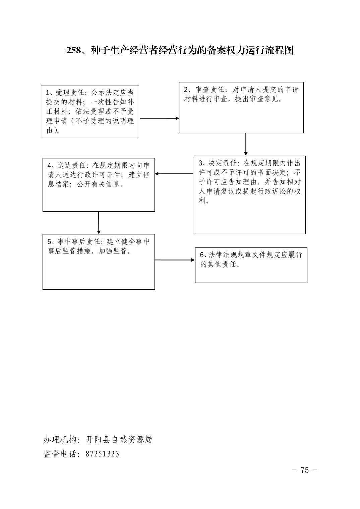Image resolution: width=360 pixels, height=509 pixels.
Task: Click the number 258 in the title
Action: [73, 50]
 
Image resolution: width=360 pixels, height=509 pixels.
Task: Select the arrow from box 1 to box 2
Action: [159, 118]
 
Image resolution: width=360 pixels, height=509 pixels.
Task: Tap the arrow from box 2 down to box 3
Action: [246, 144]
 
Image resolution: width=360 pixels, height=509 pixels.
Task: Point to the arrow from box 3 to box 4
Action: [174, 174]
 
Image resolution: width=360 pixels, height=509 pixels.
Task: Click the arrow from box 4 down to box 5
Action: [99, 223]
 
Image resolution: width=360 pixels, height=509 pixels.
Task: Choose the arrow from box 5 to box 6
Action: [175, 260]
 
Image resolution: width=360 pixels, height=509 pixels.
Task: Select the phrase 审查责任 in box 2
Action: [210, 89]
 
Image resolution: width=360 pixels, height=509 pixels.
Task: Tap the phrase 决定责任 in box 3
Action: [223, 163]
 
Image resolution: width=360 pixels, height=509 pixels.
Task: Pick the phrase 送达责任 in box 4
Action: [71, 165]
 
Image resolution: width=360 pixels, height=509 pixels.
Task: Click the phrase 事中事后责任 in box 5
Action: [79, 241]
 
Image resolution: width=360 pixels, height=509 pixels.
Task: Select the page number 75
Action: [304, 470]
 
